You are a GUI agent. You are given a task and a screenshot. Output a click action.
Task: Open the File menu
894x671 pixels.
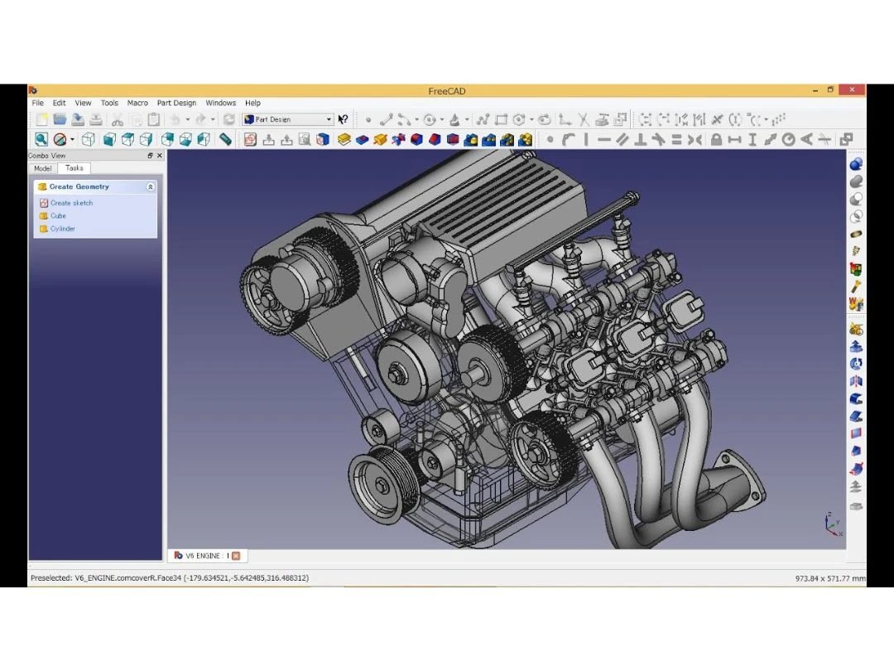pyautogui.click(x=37, y=103)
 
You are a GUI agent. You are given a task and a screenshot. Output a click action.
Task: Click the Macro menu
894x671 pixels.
pyautogui.click(x=137, y=103)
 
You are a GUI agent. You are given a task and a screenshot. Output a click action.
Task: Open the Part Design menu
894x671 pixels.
pyautogui.click(x=176, y=103)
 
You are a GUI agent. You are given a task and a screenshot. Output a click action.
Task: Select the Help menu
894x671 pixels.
pyautogui.click(x=252, y=103)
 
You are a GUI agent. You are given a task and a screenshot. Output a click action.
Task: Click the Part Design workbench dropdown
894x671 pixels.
pyautogui.click(x=288, y=119)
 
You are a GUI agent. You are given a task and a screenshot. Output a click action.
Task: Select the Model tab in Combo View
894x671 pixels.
pyautogui.click(x=42, y=168)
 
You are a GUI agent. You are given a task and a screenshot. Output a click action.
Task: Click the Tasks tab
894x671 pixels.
pyautogui.click(x=74, y=168)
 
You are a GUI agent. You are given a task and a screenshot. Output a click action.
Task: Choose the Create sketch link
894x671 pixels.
pyautogui.click(x=71, y=203)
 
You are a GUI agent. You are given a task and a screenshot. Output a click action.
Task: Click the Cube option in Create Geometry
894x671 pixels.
pyautogui.click(x=58, y=215)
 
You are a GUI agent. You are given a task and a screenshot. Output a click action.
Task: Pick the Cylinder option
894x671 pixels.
pyautogui.click(x=62, y=229)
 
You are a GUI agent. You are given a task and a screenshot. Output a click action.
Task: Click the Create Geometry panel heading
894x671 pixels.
pyautogui.click(x=79, y=187)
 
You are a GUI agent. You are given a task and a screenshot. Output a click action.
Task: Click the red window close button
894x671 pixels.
pyautogui.click(x=852, y=89)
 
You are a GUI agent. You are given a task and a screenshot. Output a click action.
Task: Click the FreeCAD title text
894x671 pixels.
pyautogui.click(x=446, y=91)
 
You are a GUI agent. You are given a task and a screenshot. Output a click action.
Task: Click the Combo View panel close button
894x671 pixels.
pyautogui.click(x=159, y=156)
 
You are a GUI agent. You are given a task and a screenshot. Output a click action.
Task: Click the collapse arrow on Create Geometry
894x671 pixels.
pyautogui.click(x=150, y=187)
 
